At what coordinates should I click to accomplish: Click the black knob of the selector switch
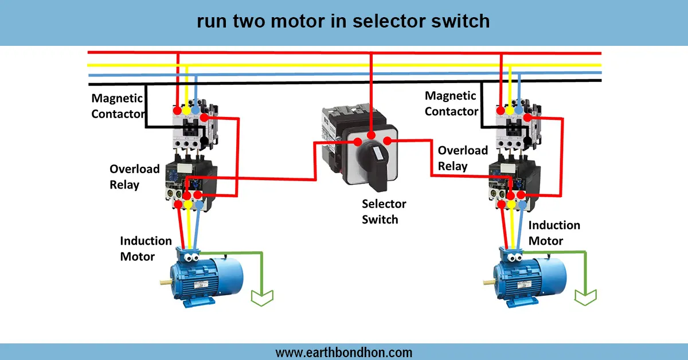pos(376,166)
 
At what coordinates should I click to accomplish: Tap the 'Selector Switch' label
pos(384,212)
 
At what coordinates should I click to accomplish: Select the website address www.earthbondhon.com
pos(343,352)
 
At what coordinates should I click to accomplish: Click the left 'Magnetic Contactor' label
pos(118,106)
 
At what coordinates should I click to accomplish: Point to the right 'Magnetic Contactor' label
pos(451,104)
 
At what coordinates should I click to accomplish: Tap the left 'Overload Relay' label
pos(135,177)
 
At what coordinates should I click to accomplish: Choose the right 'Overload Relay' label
pos(463,158)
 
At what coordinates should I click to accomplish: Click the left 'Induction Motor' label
pos(146,248)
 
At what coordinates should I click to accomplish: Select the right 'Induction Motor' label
pos(554,233)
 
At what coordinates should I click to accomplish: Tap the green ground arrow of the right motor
pos(586,296)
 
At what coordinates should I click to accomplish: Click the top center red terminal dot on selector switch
pos(372,135)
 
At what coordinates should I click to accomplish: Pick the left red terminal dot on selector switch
pos(357,141)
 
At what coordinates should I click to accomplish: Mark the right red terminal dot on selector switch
pos(387,141)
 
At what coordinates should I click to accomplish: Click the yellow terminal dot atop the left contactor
pos(187,108)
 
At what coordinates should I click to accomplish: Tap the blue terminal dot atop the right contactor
pos(519,109)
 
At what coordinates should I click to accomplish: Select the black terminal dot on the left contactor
pos(205,140)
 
